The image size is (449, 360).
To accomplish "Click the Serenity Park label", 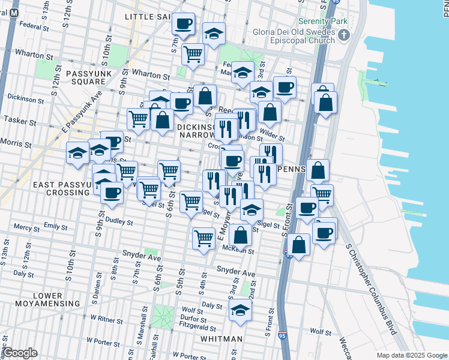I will pos(327,22).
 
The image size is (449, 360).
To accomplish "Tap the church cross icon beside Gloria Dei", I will pos(344,35).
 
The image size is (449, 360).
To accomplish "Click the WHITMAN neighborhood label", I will pos(222,339).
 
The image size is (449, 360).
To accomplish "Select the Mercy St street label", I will pos(26,228).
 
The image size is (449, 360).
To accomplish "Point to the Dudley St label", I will pos(118,221).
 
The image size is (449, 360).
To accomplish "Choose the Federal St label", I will pos(34,26).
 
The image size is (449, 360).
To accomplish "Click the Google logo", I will pos(20,353).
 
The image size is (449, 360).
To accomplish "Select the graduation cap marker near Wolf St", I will pos(240,310).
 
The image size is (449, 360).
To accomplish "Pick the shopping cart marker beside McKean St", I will pos(203,238).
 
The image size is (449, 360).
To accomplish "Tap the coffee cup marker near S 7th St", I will pos(183,25).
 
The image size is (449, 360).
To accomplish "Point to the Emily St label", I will pos(55,226).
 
